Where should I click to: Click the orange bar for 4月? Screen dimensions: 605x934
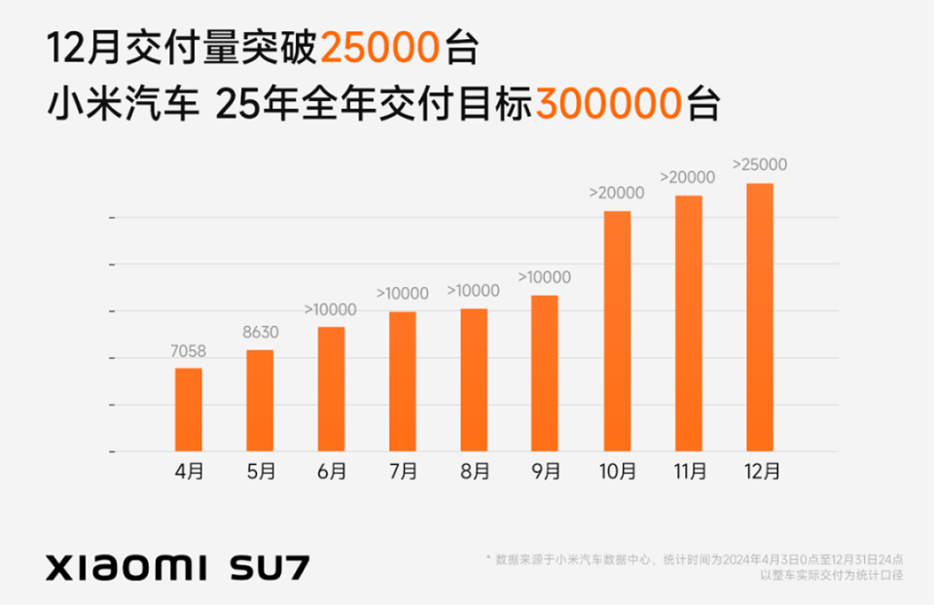click(189, 409)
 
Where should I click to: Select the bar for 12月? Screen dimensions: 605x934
click(760, 317)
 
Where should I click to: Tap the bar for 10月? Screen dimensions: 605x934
click(617, 331)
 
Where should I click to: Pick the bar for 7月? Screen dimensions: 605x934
click(403, 381)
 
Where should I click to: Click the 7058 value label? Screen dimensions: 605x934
click(188, 350)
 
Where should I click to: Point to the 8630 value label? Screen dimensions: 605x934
click(260, 332)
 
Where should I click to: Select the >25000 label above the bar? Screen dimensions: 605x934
click(760, 164)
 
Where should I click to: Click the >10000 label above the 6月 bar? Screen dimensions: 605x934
click(331, 309)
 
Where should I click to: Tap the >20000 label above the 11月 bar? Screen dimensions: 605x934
click(688, 177)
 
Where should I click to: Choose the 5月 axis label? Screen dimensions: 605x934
click(260, 473)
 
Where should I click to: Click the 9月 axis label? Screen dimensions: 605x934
click(545, 473)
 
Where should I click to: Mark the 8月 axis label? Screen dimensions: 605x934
click(474, 473)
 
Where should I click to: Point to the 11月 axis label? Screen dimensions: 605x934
click(688, 473)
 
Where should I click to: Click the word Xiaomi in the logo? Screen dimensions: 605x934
click(127, 566)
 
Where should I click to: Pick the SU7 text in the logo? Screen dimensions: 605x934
click(270, 566)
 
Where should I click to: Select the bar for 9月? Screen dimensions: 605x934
click(545, 374)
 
